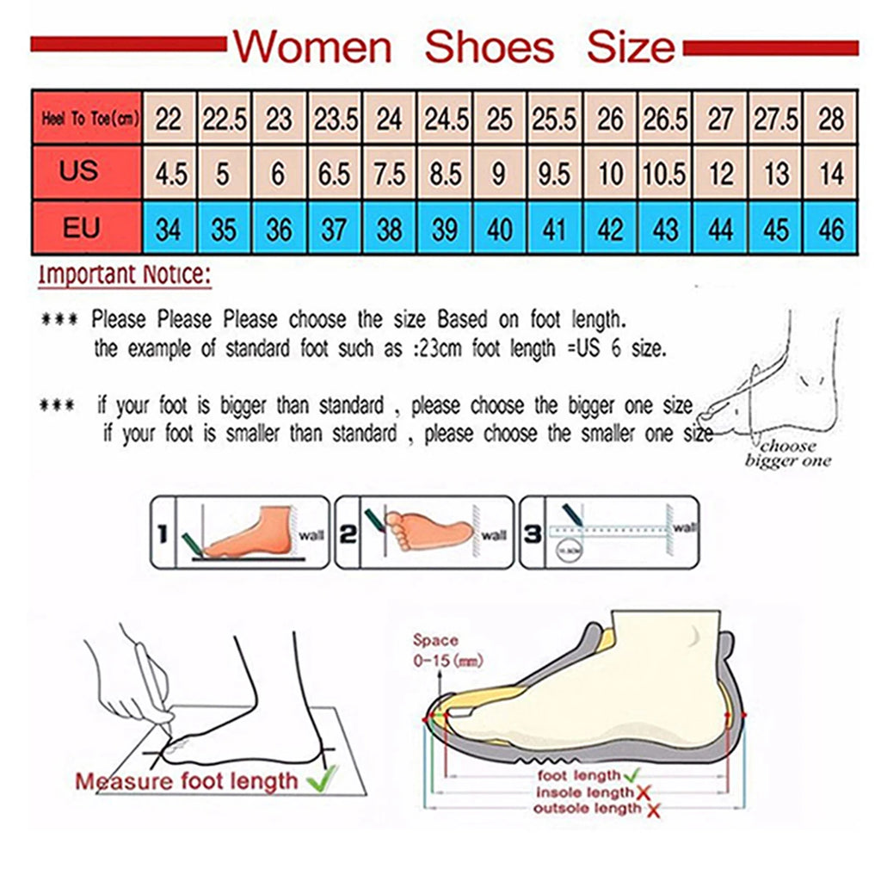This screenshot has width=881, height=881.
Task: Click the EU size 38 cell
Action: (x=389, y=230)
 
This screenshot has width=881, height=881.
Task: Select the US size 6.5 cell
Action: (x=335, y=174)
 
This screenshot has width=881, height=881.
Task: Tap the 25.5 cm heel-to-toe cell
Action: (x=554, y=119)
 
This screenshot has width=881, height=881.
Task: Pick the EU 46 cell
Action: (x=831, y=230)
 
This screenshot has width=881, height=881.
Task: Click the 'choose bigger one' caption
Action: (x=787, y=453)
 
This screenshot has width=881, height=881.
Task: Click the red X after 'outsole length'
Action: (x=655, y=810)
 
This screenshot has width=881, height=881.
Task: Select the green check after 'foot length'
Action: (x=631, y=776)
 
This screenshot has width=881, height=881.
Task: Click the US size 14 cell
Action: (x=831, y=174)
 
